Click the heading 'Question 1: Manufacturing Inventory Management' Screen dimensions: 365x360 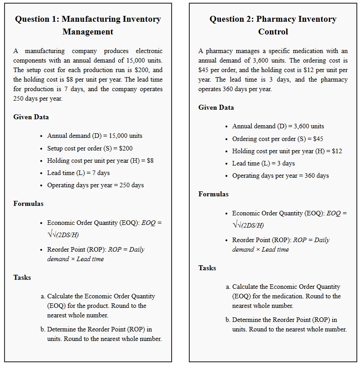88,25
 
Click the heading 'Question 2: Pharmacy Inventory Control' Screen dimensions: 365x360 273,25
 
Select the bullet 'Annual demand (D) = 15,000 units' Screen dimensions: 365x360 95,136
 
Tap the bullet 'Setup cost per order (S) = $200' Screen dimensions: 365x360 90,148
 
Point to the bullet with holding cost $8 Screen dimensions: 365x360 100,161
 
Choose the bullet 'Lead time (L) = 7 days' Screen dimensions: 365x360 78,173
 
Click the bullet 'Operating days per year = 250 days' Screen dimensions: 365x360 95,185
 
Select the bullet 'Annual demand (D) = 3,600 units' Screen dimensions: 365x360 278,126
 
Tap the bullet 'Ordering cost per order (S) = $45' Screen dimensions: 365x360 278,139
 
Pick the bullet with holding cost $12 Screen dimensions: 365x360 287,151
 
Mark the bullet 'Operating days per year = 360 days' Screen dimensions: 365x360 280,175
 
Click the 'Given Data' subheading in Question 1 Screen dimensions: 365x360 31,117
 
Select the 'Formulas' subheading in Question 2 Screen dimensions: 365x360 213,194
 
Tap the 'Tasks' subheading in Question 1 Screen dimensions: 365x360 22,277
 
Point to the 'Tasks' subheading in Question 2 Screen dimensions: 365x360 207,268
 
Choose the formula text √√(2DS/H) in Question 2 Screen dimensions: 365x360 248,225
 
